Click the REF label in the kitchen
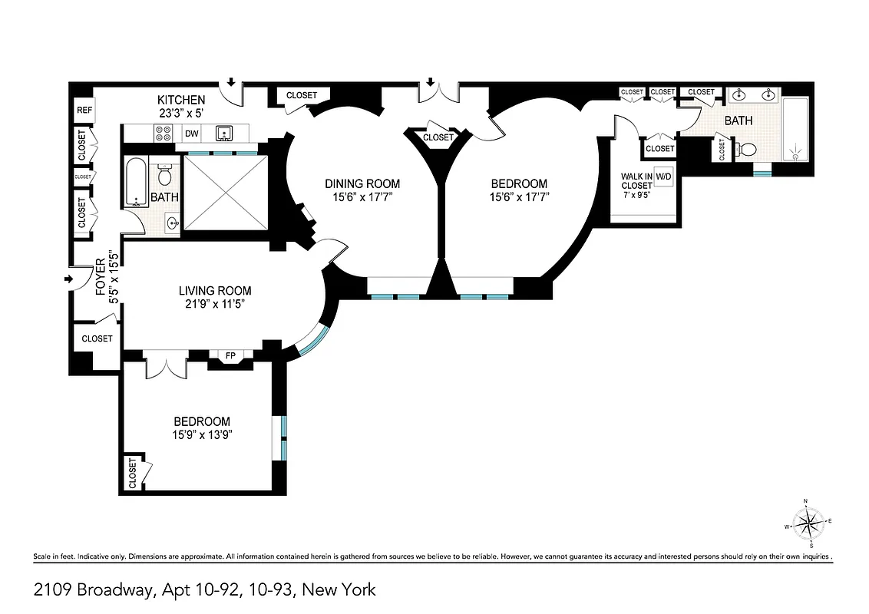pyautogui.click(x=84, y=110)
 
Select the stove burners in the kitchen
pyautogui.click(x=164, y=134)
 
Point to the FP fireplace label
pyautogui.click(x=230, y=355)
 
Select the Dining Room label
pyautogui.click(x=362, y=183)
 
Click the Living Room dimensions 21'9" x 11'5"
pyautogui.click(x=215, y=304)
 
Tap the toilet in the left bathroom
pyautogui.click(x=164, y=175)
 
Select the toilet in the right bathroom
pyautogui.click(x=745, y=149)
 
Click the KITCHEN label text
pyautogui.click(x=181, y=100)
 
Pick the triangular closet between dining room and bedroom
pyautogui.click(x=438, y=138)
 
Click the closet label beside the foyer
pyautogui.click(x=97, y=338)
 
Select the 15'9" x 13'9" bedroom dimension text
pyautogui.click(x=202, y=434)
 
